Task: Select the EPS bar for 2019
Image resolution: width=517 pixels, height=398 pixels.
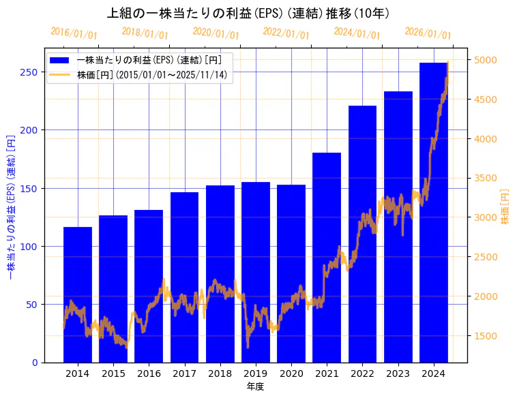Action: tap(256, 272)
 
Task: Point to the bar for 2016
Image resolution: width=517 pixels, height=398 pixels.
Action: tap(149, 286)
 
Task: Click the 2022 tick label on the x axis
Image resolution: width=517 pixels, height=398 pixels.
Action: tap(362, 373)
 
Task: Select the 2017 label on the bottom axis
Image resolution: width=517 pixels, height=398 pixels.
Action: tap(184, 373)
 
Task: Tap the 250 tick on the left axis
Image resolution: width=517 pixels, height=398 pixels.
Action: tap(29, 72)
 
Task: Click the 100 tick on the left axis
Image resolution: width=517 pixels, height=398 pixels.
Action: tap(29, 247)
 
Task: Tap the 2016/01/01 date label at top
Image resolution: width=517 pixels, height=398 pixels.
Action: tap(74, 33)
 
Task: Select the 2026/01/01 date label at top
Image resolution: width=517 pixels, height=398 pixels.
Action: tap(428, 33)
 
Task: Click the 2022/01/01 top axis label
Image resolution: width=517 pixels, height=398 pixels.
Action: tap(286, 33)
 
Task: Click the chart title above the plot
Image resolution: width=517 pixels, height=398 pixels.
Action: tap(249, 13)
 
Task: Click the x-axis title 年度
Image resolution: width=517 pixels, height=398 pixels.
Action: tap(255, 386)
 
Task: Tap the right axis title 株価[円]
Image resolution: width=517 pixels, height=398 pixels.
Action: tap(505, 206)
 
